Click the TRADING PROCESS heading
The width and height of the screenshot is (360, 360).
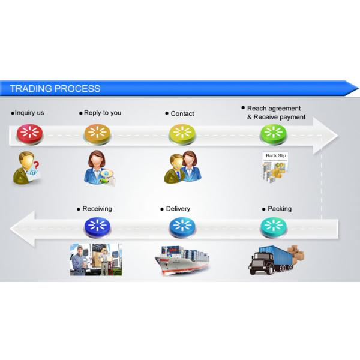click(55, 89)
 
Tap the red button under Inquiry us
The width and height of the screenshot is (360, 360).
click(28, 133)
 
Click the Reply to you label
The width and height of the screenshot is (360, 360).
click(102, 113)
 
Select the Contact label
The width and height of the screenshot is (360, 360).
click(182, 113)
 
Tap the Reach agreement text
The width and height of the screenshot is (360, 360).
click(274, 109)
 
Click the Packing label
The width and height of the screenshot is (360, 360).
click(279, 209)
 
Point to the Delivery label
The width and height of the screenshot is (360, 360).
click(178, 209)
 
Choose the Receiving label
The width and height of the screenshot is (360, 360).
click(97, 209)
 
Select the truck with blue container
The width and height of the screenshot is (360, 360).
click(273, 260)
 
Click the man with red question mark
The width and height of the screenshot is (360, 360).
click(28, 167)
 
